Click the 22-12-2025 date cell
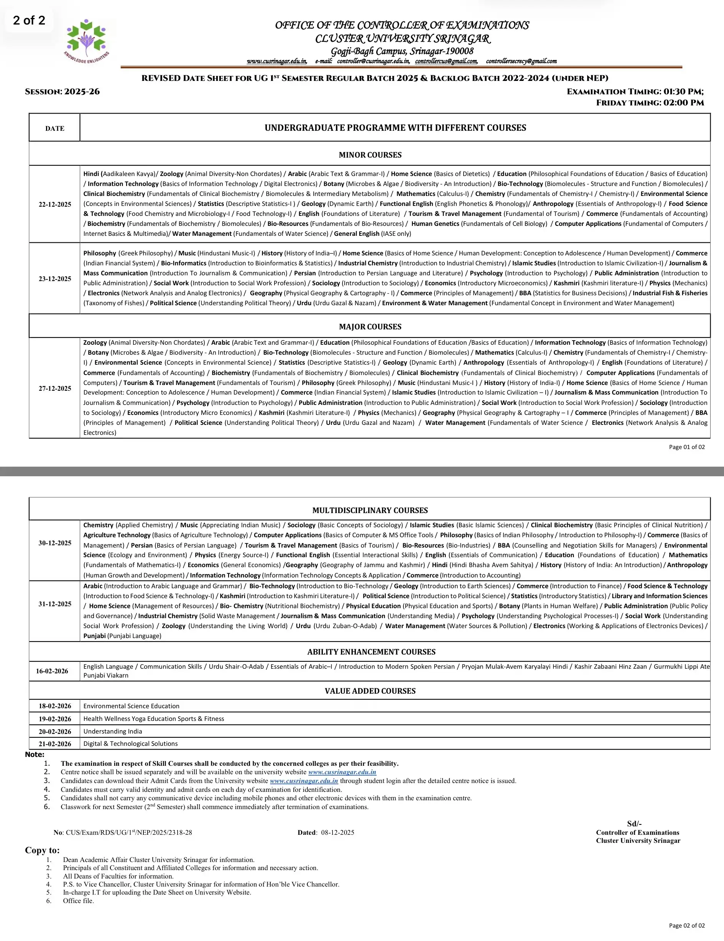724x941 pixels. tap(55, 204)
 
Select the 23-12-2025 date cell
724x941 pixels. tap(55, 279)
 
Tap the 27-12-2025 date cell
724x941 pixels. tap(55, 388)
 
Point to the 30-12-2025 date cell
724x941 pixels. tap(55, 543)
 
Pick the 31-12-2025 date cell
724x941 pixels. tap(55, 604)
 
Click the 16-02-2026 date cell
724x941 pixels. tap(52, 671)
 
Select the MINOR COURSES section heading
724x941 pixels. tap(370, 155)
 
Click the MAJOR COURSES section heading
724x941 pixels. tap(370, 327)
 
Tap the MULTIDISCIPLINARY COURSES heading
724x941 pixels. tap(370, 510)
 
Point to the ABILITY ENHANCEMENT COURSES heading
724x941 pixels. tap(371, 652)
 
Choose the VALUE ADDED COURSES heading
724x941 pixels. tap(370, 691)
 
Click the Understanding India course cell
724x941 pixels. tap(112, 731)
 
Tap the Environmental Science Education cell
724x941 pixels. tap(131, 706)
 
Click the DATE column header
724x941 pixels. tap(55, 128)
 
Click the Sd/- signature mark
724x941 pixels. tap(634, 823)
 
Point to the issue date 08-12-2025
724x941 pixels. tap(337, 832)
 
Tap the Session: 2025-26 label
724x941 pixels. tap(62, 92)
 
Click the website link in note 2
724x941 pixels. tap(342, 772)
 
